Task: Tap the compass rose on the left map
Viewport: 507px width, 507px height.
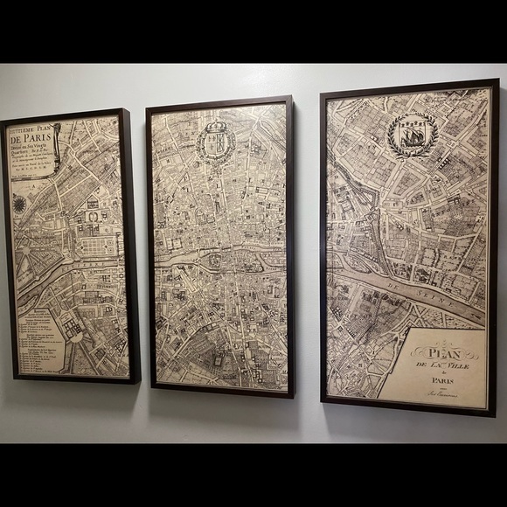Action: point(19,205)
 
